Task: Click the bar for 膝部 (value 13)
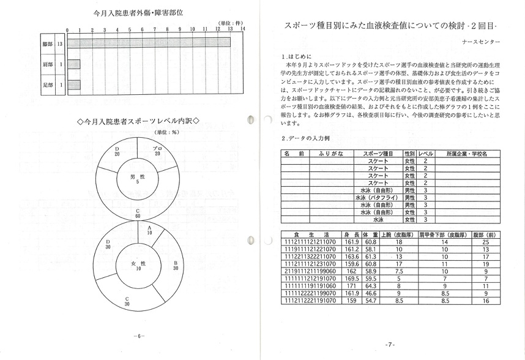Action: [x=149, y=43]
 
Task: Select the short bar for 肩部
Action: [x=73, y=64]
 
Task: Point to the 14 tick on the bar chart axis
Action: [x=242, y=29]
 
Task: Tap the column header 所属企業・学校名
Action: [x=467, y=154]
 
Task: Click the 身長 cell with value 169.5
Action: [x=351, y=278]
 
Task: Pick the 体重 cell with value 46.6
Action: [x=370, y=293]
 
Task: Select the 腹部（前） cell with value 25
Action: [x=485, y=242]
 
